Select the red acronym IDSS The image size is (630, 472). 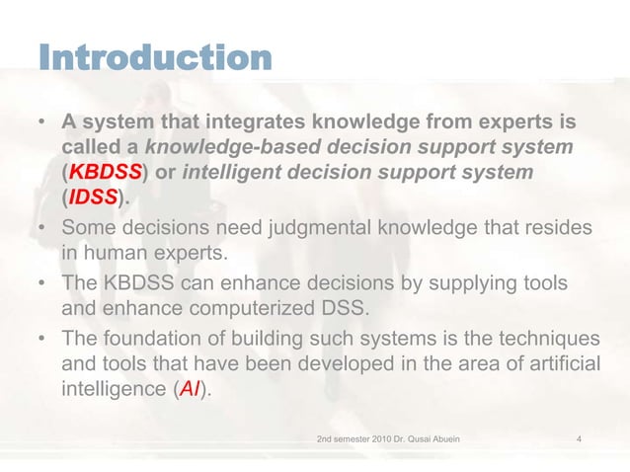point(91,201)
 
